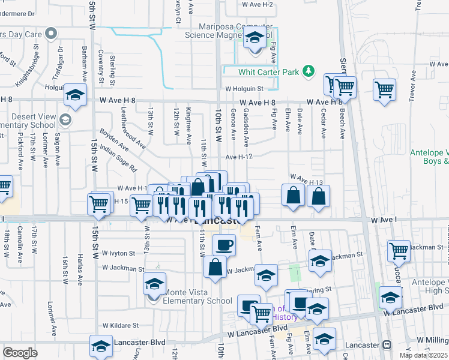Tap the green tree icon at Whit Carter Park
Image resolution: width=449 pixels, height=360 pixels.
click(309, 71)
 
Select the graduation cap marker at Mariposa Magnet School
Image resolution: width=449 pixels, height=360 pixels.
click(255, 39)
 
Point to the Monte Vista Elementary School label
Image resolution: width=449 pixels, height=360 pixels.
click(196, 296)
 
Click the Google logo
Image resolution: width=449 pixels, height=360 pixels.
click(20, 353)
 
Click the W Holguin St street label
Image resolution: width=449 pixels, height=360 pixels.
click(244, 89)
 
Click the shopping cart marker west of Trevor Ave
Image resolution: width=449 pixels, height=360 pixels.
click(384, 89)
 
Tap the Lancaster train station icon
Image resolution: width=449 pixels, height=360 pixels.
click(387, 345)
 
